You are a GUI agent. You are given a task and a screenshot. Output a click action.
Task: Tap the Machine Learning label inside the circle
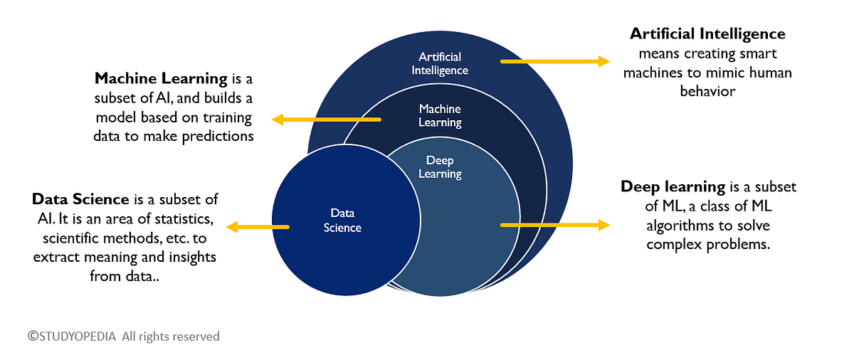(440, 115)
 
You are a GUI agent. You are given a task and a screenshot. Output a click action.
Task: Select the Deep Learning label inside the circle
(439, 167)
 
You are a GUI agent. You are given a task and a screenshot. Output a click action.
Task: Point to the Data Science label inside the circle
(342, 220)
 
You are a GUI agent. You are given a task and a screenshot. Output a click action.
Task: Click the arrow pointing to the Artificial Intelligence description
(555, 62)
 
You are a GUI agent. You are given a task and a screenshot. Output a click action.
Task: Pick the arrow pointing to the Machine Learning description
(327, 120)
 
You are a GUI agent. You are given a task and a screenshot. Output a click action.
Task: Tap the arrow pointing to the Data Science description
(258, 227)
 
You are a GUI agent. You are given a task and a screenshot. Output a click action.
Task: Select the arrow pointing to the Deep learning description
(555, 225)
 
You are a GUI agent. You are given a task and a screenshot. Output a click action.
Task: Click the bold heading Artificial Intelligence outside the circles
(707, 33)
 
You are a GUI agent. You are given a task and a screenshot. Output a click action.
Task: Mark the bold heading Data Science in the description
(80, 199)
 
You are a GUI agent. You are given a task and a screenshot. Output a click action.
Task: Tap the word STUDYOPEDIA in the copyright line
(78, 336)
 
